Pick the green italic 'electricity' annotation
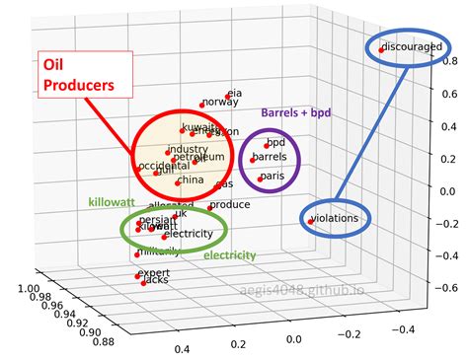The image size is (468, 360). [x=229, y=255]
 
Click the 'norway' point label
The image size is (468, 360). [x=222, y=102]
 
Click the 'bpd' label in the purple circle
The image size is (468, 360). [x=275, y=143]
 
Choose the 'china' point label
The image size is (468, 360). [x=191, y=180]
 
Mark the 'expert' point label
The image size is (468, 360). [x=153, y=273]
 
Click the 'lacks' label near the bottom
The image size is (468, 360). [x=156, y=281]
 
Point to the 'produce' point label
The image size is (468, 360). [x=230, y=205]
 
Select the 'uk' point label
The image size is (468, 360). [x=180, y=214]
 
